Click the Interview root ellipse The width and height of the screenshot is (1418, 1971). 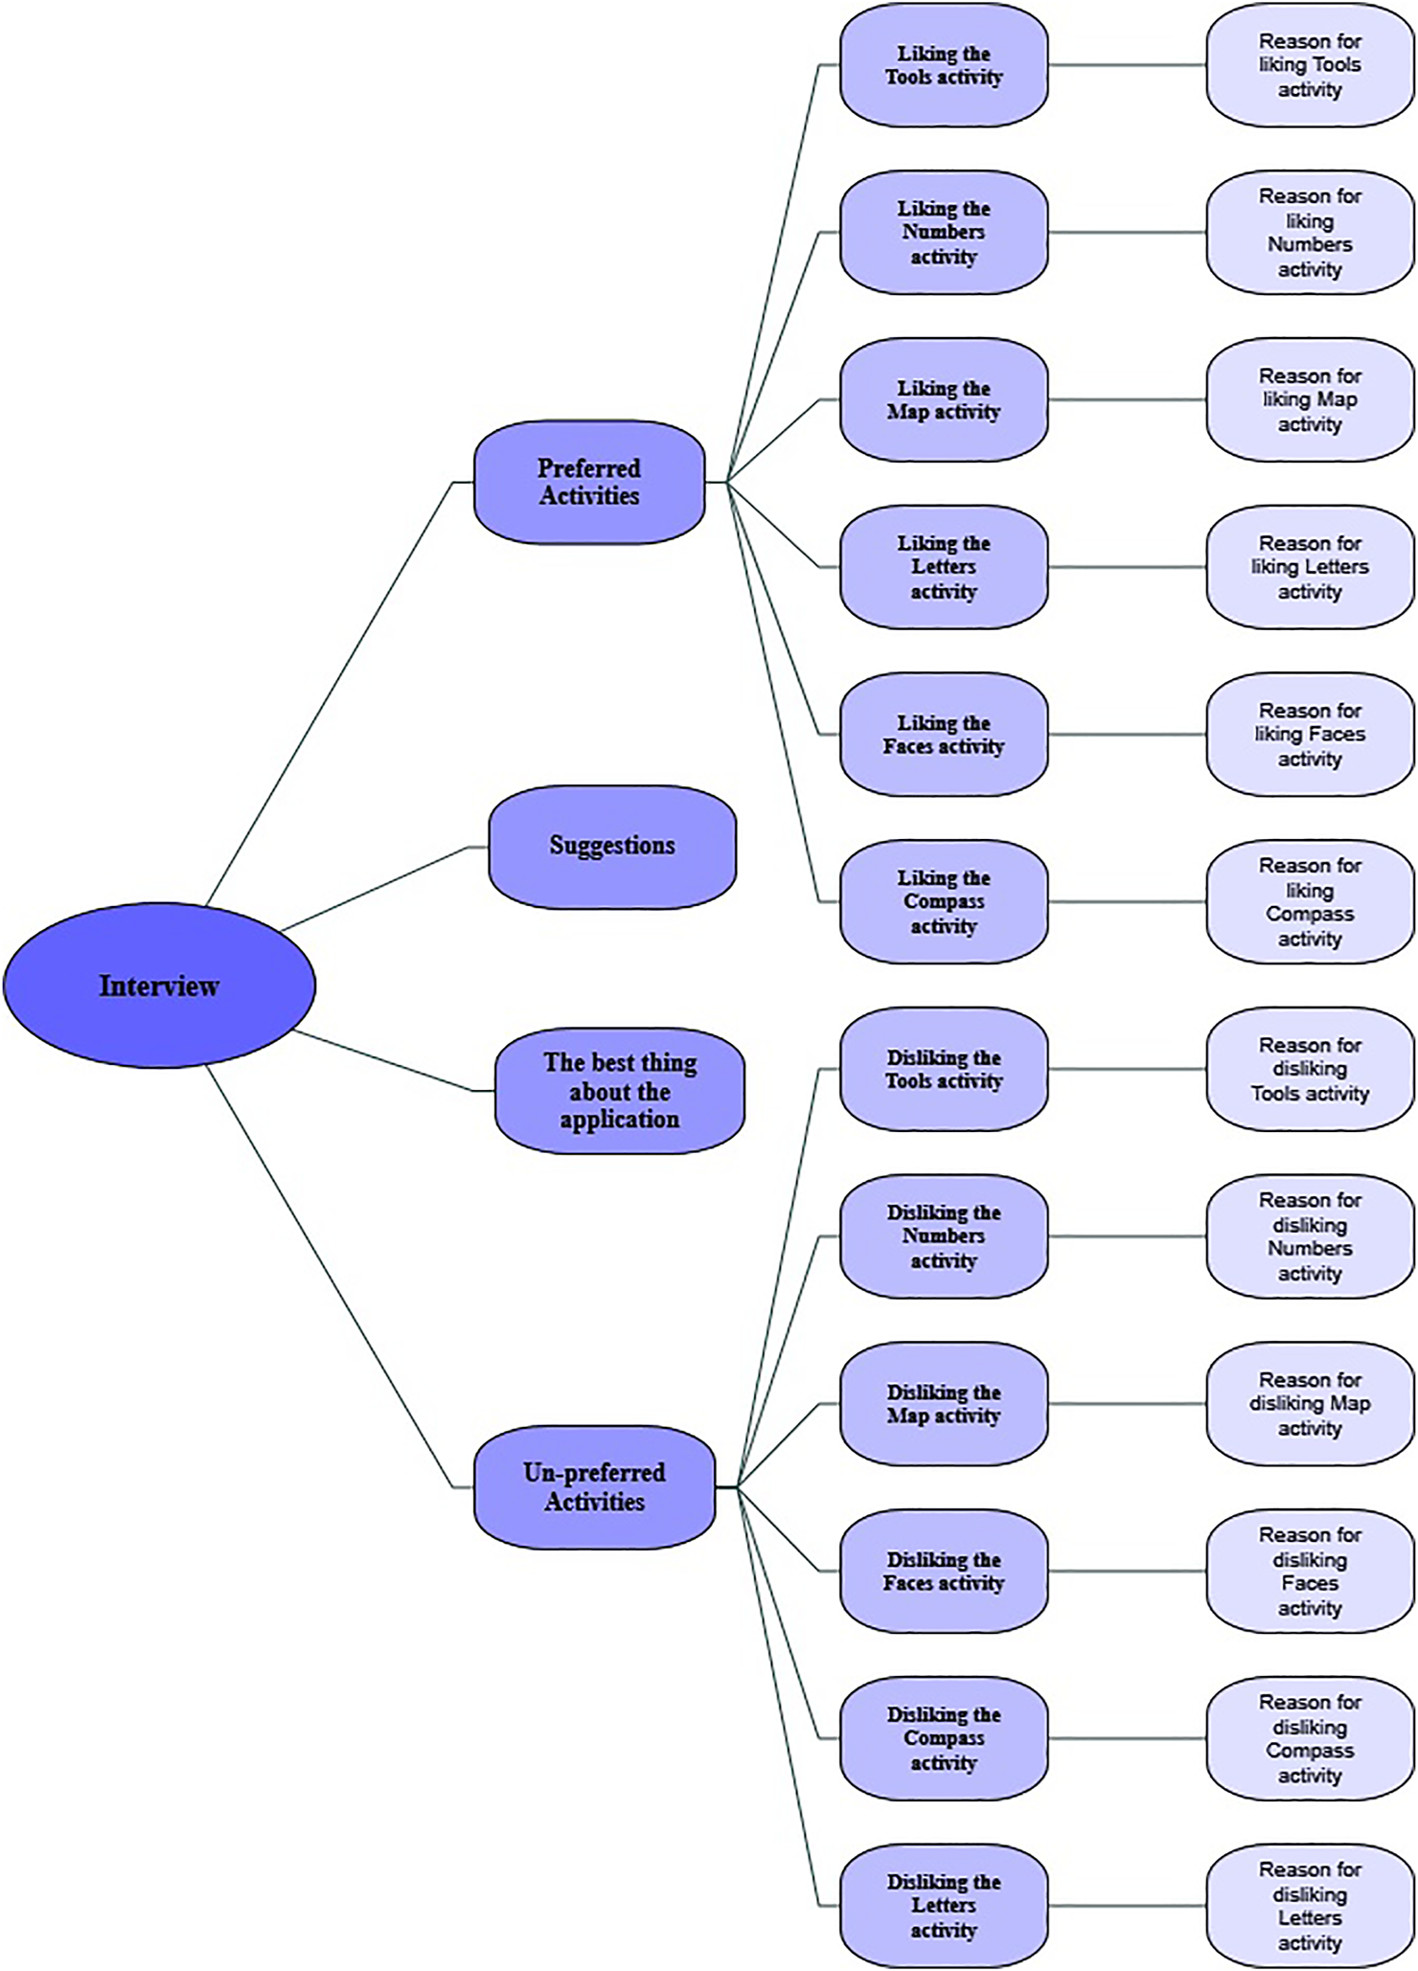(159, 985)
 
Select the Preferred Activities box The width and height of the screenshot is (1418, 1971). (589, 482)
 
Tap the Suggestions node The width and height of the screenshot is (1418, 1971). (612, 847)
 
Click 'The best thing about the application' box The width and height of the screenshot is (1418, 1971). (619, 1091)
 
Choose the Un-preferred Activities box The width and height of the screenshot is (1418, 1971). (594, 1486)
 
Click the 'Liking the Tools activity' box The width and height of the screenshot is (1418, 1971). (944, 65)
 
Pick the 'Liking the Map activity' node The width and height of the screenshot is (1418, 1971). (944, 399)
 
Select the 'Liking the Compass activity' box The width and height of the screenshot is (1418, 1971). (944, 901)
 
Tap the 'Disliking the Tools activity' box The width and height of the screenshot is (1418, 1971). (944, 1069)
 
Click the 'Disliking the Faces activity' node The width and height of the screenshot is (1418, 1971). (944, 1571)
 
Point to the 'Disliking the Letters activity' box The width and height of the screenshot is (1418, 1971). (944, 1905)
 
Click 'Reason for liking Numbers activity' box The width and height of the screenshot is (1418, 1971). (1310, 232)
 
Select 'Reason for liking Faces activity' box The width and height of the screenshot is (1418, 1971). (1310, 735)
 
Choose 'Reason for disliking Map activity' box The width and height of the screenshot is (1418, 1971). (1310, 1403)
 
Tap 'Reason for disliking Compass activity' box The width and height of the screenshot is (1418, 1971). (1310, 1738)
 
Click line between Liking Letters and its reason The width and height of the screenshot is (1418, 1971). (1127, 567)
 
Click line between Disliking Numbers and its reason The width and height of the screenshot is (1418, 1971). (1127, 1236)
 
